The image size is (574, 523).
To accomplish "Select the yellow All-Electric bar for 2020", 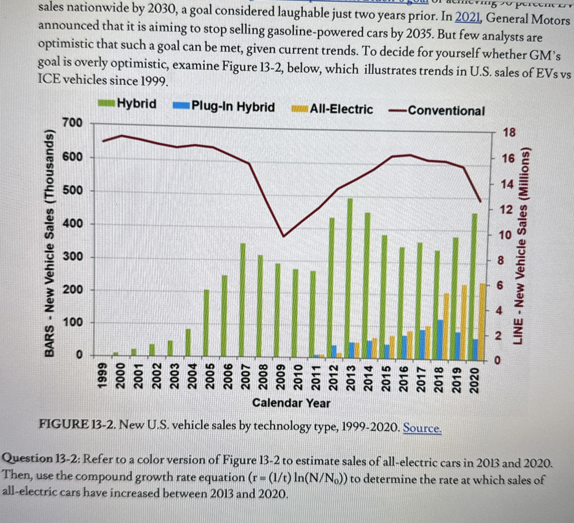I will click(x=482, y=320).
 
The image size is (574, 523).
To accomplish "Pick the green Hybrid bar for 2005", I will click(x=207, y=323).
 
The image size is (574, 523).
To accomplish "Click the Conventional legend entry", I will click(x=437, y=111).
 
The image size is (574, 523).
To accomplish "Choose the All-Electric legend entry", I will click(x=333, y=109).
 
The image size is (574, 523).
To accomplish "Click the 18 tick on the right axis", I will click(x=509, y=133).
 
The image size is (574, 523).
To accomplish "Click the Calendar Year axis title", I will click(x=291, y=403).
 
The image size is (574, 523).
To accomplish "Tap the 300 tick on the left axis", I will click(x=73, y=257).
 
